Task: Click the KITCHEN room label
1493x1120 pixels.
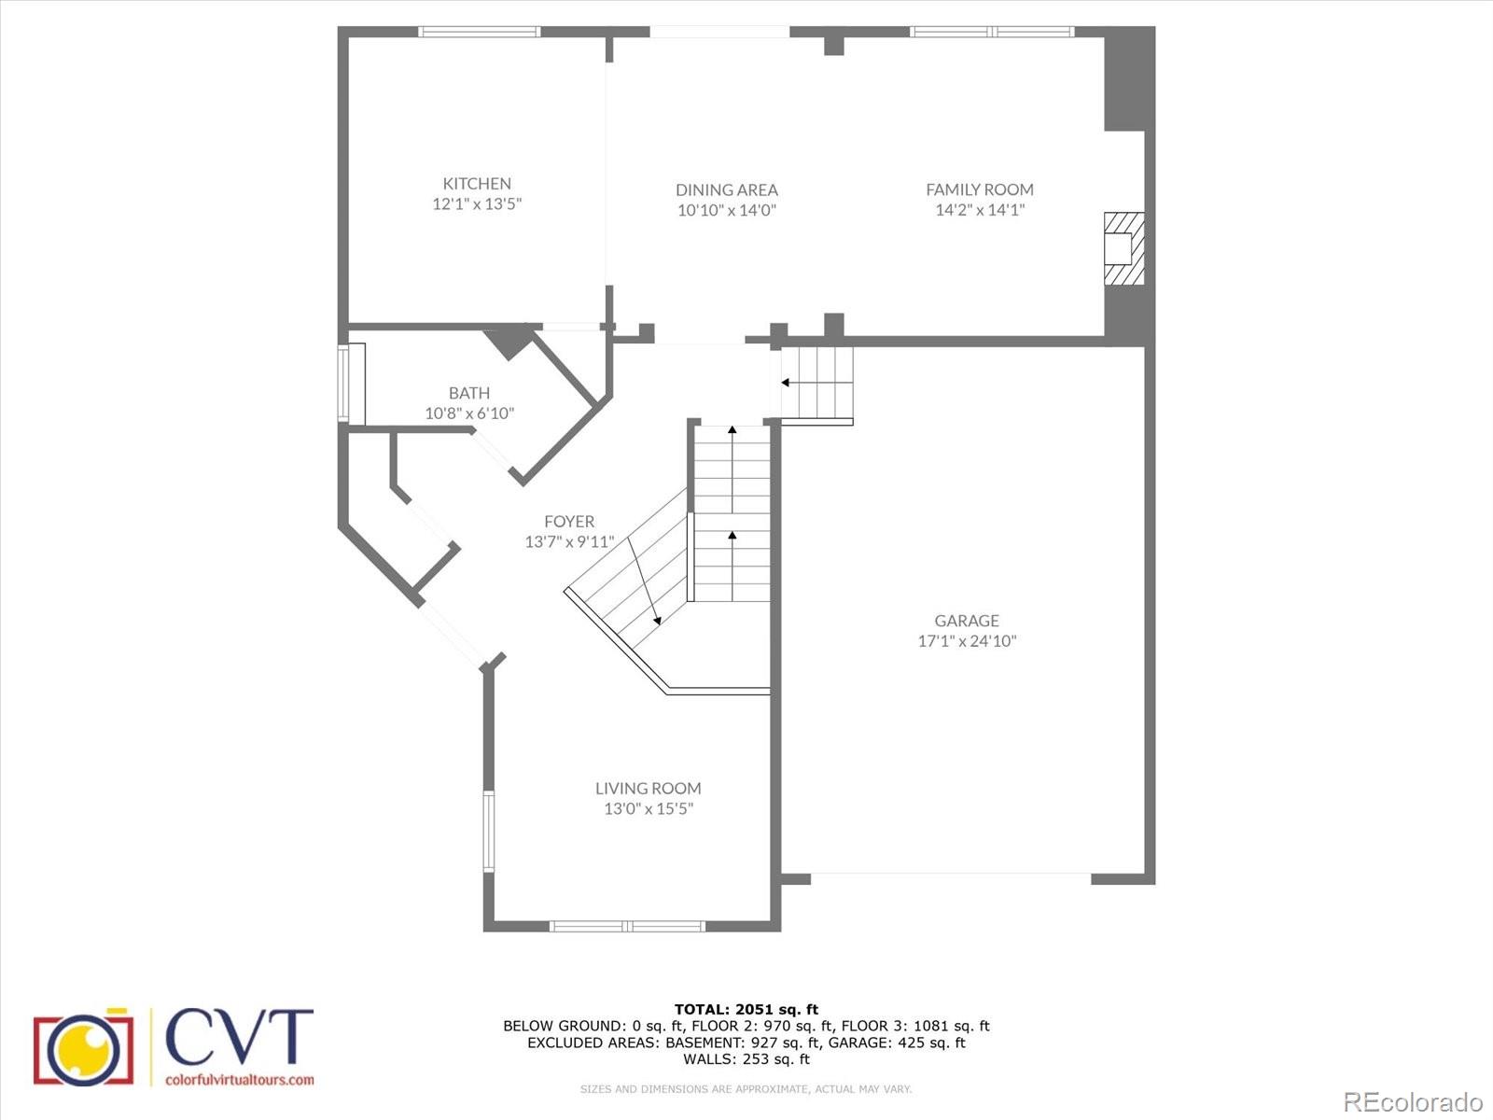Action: pyautogui.click(x=477, y=184)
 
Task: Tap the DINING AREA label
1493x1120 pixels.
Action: pyautogui.click(x=727, y=189)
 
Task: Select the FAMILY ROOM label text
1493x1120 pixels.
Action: pyautogui.click(x=980, y=189)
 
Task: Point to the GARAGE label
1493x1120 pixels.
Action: pyautogui.click(x=967, y=621)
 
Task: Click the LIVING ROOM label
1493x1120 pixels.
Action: pyautogui.click(x=649, y=789)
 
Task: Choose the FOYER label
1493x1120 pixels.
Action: pyautogui.click(x=569, y=522)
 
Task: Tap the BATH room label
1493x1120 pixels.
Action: pyautogui.click(x=469, y=393)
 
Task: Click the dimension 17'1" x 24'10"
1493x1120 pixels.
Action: pyautogui.click(x=967, y=641)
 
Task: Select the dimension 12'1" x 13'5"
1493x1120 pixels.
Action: pyautogui.click(x=477, y=204)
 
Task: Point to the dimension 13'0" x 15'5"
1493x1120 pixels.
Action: pyautogui.click(x=649, y=809)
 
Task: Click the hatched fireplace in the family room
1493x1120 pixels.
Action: pyautogui.click(x=1123, y=248)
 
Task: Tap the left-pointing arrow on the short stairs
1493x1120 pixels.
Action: pyautogui.click(x=786, y=383)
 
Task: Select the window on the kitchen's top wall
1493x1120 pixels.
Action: pyautogui.click(x=479, y=32)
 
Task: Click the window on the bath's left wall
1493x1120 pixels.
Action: pyautogui.click(x=343, y=383)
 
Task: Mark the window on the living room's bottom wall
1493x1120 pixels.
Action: pyautogui.click(x=626, y=926)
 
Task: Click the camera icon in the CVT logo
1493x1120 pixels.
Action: pyautogui.click(x=82, y=1046)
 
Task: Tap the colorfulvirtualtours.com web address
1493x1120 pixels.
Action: pyautogui.click(x=239, y=1080)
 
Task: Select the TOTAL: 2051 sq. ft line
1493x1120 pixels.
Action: pyautogui.click(x=746, y=1009)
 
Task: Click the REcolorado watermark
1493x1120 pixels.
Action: pyautogui.click(x=1413, y=1100)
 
